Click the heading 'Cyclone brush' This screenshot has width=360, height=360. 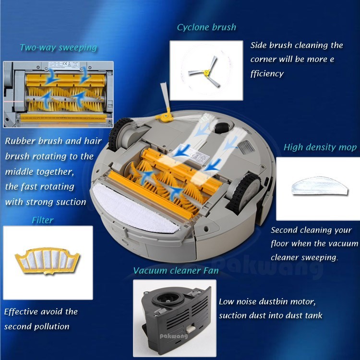[x=206, y=27]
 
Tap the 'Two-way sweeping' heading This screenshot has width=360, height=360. [x=58, y=48]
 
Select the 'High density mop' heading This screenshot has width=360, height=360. [x=320, y=147]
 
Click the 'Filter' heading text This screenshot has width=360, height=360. [x=43, y=220]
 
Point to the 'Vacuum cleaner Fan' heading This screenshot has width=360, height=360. [x=176, y=270]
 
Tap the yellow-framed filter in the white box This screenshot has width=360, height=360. [x=48, y=261]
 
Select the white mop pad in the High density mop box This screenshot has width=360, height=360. [x=320, y=186]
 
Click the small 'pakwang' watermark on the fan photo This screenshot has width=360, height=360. [x=174, y=336]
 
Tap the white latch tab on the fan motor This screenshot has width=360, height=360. [x=191, y=329]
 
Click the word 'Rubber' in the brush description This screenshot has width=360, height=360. [x=20, y=141]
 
